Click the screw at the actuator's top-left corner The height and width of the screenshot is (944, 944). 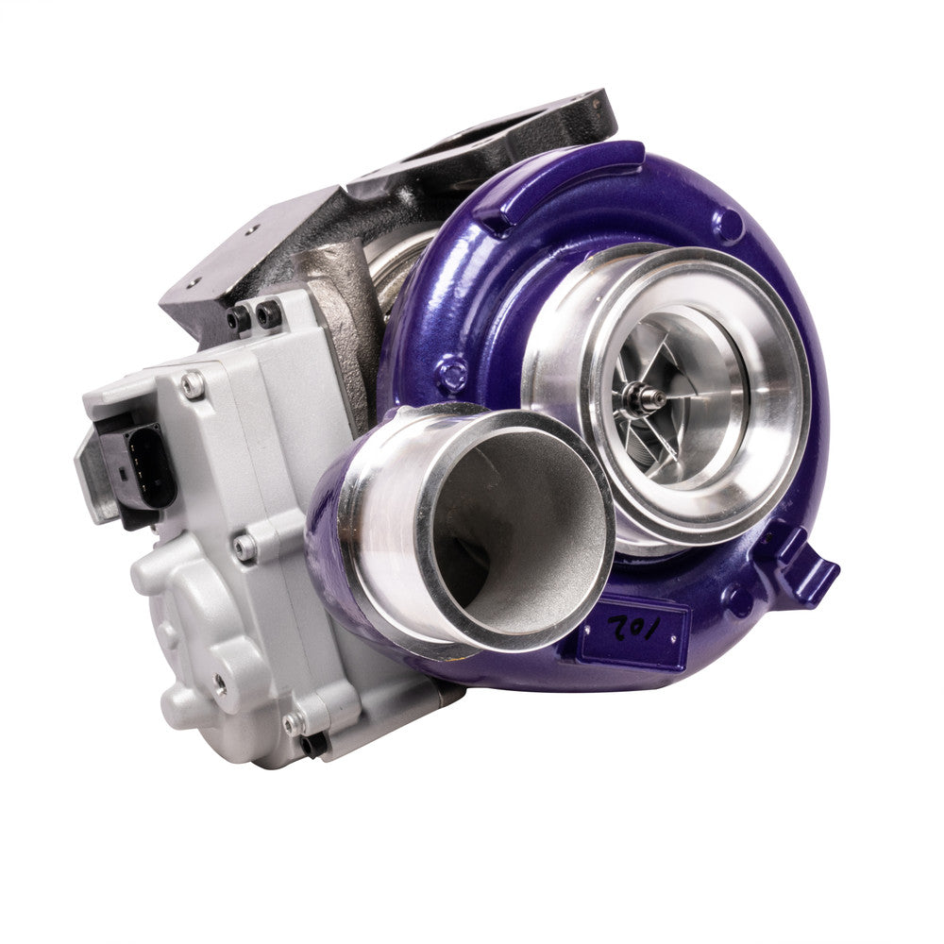point(193,383)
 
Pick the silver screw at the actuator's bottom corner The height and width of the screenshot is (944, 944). point(294,723)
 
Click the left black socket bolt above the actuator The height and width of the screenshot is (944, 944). point(238,319)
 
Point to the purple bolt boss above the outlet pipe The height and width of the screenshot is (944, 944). point(452,372)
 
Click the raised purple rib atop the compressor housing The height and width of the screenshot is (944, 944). point(557,179)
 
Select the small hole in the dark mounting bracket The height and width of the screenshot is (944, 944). point(193,280)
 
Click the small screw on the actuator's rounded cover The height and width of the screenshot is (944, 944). point(218,680)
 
